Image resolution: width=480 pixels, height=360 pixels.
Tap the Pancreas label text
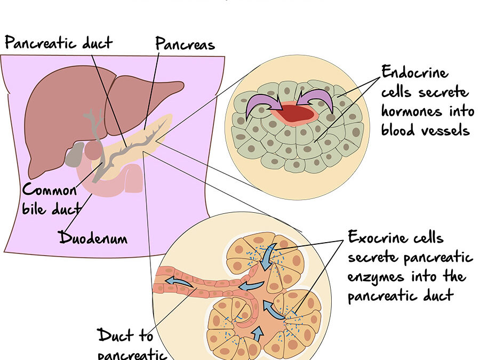[x=185, y=44]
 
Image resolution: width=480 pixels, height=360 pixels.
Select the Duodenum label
[x=93, y=237]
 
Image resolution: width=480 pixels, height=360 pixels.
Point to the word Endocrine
[x=415, y=73]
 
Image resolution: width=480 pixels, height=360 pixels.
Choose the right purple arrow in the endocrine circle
[x=319, y=101]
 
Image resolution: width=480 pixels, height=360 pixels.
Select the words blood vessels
[x=425, y=130]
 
